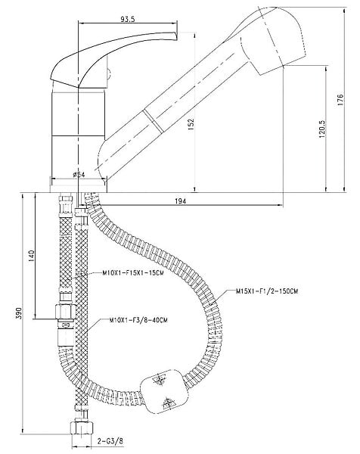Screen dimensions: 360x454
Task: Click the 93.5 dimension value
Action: tap(128, 20)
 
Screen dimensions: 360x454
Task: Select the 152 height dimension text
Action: tap(191, 124)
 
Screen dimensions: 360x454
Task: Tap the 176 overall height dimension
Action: tap(340, 99)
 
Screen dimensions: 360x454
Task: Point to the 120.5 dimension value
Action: tap(322, 129)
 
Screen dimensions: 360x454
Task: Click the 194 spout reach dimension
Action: tap(181, 201)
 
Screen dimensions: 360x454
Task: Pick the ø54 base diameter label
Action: tap(79, 174)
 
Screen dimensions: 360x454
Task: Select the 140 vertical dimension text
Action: tap(31, 256)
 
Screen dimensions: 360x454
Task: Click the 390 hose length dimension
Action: tap(18, 313)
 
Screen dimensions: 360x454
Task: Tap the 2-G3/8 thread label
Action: tap(110, 442)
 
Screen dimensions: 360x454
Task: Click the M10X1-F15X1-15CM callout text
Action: tap(133, 272)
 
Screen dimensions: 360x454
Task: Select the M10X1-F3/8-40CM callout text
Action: tap(138, 320)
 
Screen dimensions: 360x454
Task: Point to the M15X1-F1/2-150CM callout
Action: tap(267, 291)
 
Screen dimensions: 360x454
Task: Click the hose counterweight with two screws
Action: tap(163, 391)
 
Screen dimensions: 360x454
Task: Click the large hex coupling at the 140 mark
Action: tap(65, 312)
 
